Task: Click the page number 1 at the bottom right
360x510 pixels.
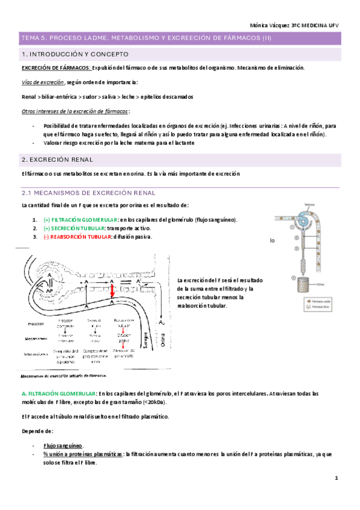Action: coord(337,478)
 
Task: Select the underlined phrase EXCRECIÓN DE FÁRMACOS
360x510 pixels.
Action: coord(56,68)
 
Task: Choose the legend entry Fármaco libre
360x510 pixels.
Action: coord(315,306)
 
